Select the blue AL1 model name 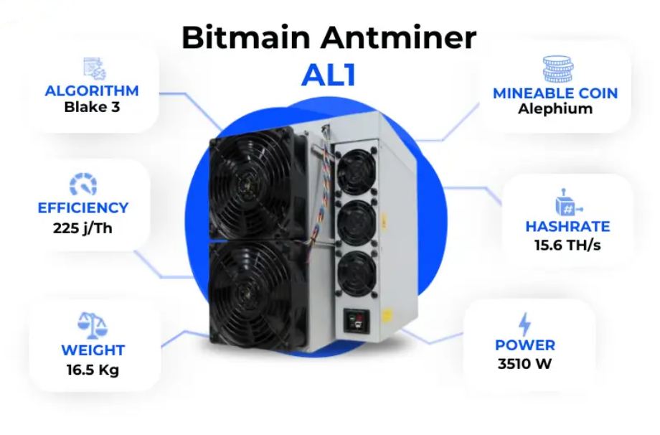coord(329,74)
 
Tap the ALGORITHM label coord(92,91)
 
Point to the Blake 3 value coord(92,108)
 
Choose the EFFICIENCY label coord(82,208)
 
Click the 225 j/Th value coord(82,228)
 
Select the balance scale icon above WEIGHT coord(93,325)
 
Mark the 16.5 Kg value coord(93,370)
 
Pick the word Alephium coord(555,109)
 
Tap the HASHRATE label coord(567,227)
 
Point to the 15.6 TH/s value coord(567,246)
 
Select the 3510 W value coord(525,363)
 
